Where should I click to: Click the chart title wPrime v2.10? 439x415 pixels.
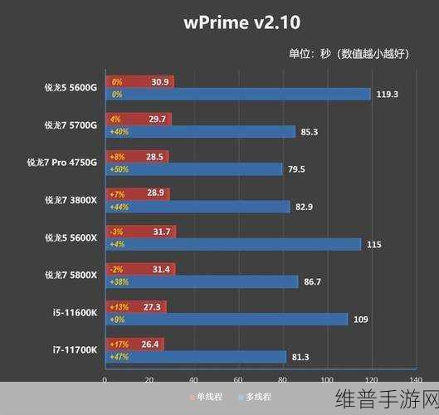(x=219, y=22)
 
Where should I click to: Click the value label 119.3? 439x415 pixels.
(x=387, y=95)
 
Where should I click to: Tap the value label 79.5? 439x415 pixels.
(x=295, y=169)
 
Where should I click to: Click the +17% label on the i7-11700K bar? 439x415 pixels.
(x=118, y=344)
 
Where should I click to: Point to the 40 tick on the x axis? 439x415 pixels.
(x=193, y=380)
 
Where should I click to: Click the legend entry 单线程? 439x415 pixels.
(x=208, y=397)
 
